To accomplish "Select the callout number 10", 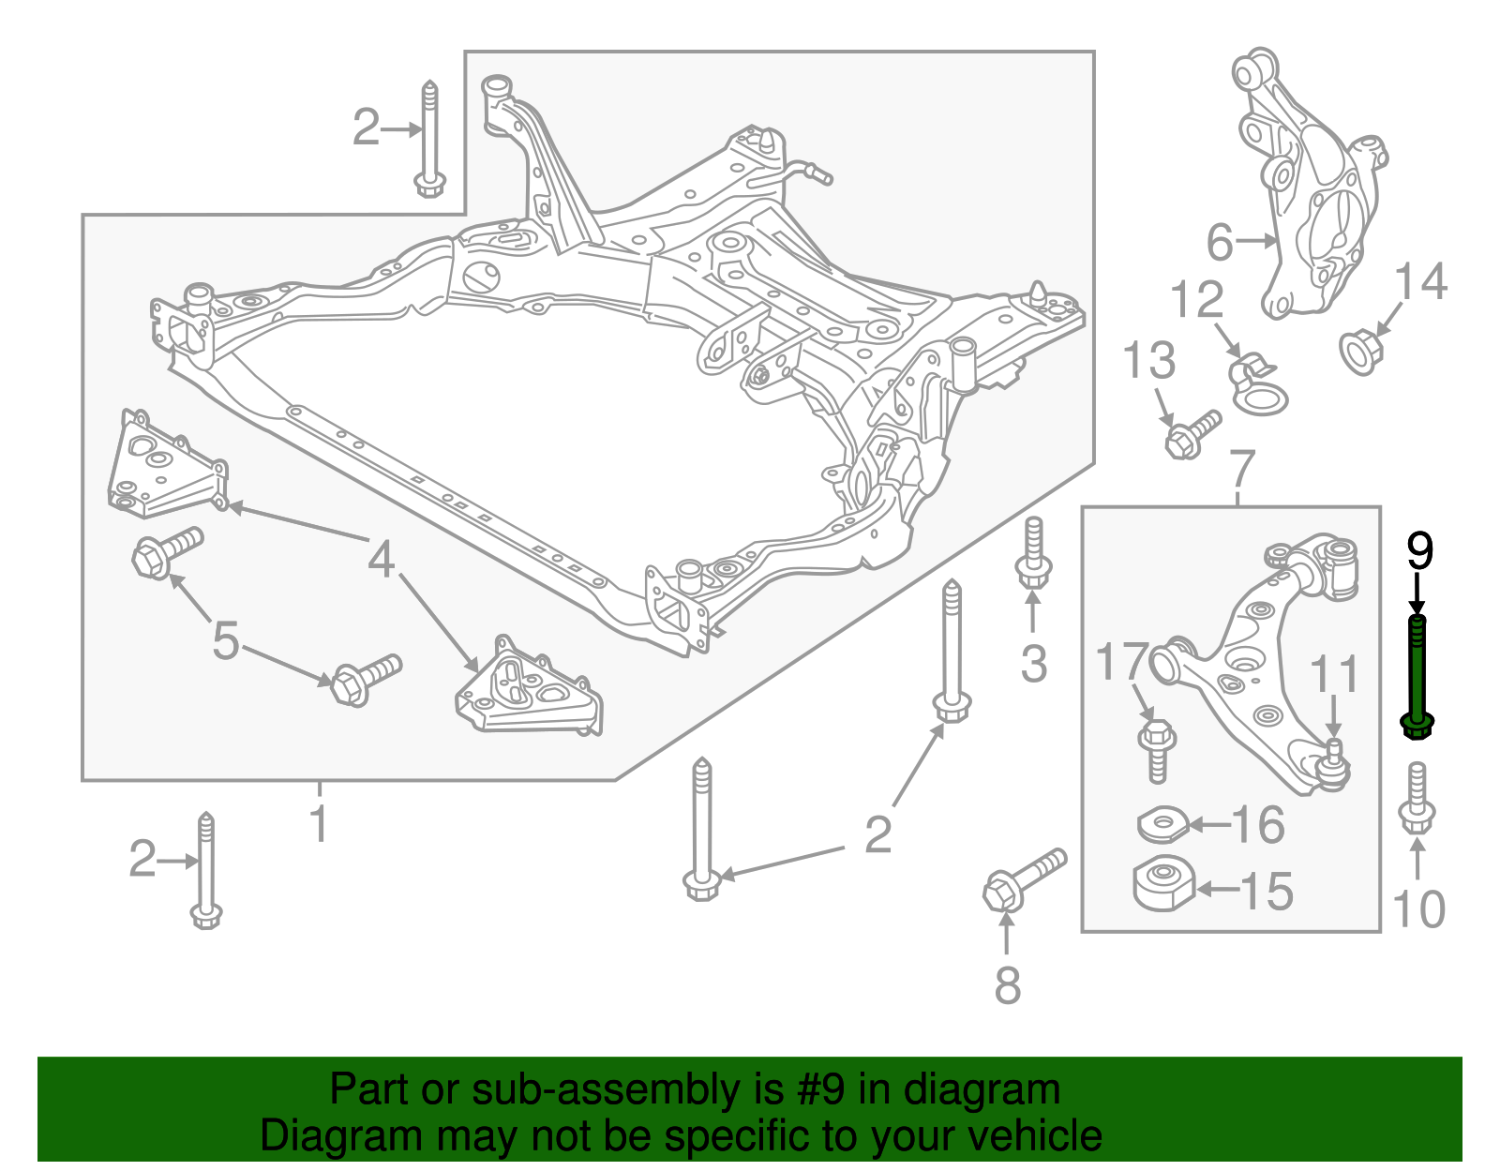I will [x=1418, y=908].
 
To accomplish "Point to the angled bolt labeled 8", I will [x=1022, y=877].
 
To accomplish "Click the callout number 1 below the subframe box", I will [x=319, y=823].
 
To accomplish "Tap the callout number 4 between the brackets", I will [x=381, y=560].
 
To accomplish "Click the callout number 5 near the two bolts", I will [x=226, y=641].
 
